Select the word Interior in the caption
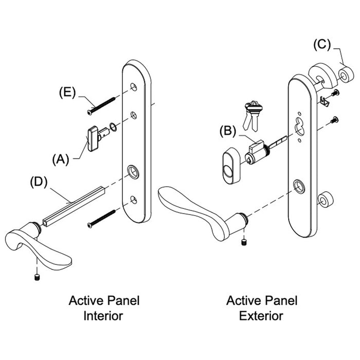103,315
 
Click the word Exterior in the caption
261,315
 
